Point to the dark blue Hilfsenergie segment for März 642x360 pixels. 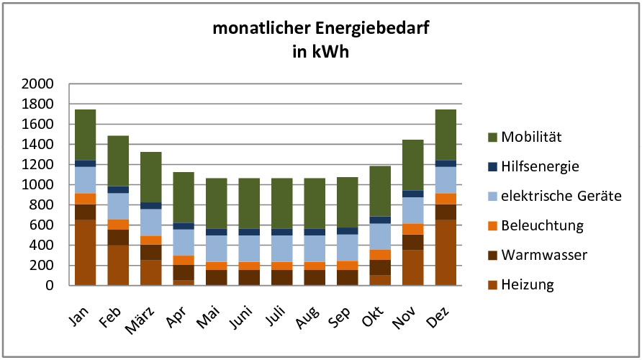[x=151, y=206]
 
